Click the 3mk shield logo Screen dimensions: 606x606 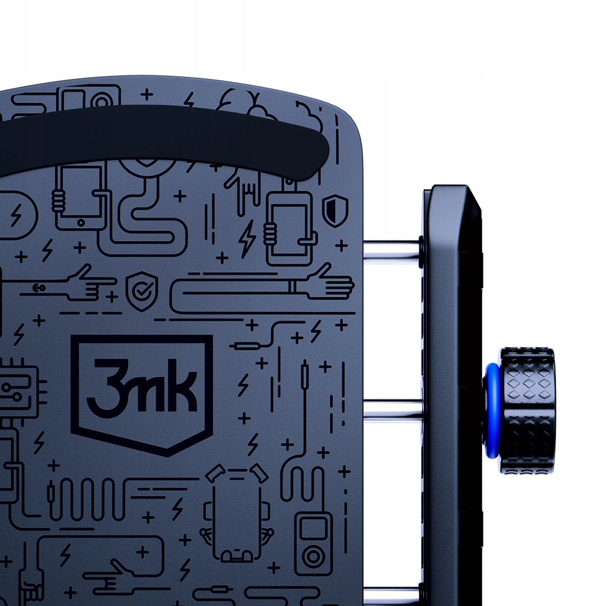coord(142,395)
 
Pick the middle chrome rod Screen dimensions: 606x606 coord(393,411)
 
